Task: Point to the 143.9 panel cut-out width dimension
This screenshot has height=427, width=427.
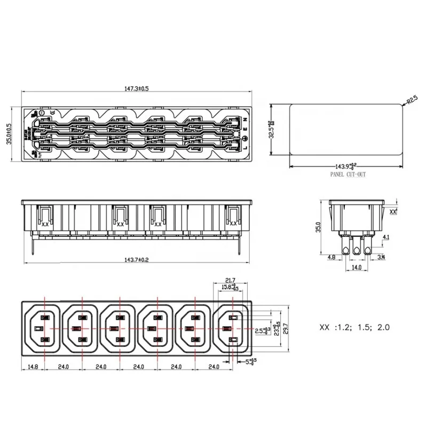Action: [x=345, y=166]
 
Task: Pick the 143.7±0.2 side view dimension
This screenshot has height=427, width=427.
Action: [x=137, y=260]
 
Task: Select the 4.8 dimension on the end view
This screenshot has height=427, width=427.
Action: [x=331, y=257]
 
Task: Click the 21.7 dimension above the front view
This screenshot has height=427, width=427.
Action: [x=231, y=280]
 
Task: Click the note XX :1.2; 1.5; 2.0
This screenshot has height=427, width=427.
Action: [x=354, y=327]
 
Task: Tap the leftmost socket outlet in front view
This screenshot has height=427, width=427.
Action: [x=43, y=330]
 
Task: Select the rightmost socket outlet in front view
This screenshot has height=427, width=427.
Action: [x=231, y=330]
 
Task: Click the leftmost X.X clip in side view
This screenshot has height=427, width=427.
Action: [x=45, y=224]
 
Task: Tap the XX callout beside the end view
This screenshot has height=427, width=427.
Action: [x=393, y=212]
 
